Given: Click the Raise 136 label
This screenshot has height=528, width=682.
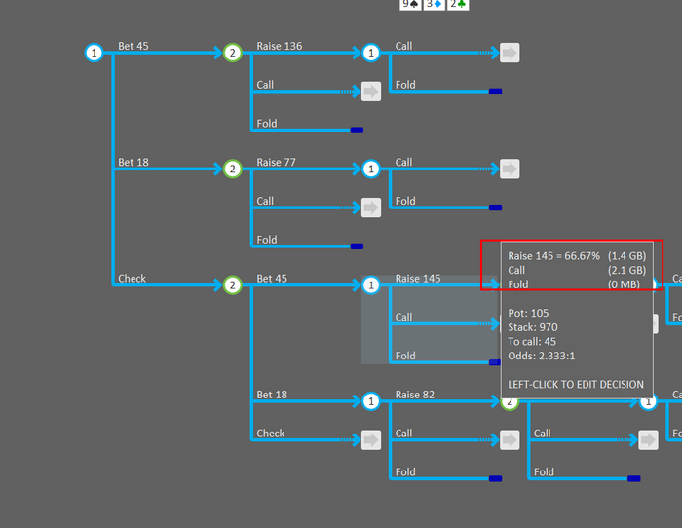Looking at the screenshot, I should (x=279, y=46).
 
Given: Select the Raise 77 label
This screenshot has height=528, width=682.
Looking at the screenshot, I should (x=276, y=163).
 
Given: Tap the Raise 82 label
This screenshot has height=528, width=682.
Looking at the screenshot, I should (x=414, y=395).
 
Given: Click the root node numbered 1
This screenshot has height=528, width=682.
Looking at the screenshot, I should (x=94, y=53).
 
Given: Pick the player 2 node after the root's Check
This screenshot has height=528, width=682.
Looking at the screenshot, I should (x=232, y=285).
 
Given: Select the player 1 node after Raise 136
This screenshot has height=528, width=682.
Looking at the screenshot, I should (x=370, y=53).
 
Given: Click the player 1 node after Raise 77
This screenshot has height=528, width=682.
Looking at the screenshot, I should (x=370, y=170).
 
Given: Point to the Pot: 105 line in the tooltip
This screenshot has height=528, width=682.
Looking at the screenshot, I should (x=530, y=312).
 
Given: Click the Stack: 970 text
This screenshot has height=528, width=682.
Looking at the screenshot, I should (x=533, y=327).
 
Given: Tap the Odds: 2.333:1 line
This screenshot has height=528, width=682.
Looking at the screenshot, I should (x=542, y=357).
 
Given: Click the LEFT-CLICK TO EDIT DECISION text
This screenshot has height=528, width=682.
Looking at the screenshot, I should (x=576, y=384).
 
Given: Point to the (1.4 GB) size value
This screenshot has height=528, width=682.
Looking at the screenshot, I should (x=626, y=255).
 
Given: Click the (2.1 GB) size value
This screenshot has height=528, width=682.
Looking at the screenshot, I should (x=626, y=270).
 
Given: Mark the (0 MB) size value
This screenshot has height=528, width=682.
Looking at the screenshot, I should (x=625, y=284).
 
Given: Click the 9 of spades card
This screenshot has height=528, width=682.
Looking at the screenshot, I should (x=410, y=4).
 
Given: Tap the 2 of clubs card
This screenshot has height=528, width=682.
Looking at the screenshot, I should (x=457, y=4).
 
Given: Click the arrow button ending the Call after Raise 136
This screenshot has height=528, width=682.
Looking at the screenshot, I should (x=510, y=53).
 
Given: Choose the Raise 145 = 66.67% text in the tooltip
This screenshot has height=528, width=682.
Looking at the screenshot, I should (x=553, y=255).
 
